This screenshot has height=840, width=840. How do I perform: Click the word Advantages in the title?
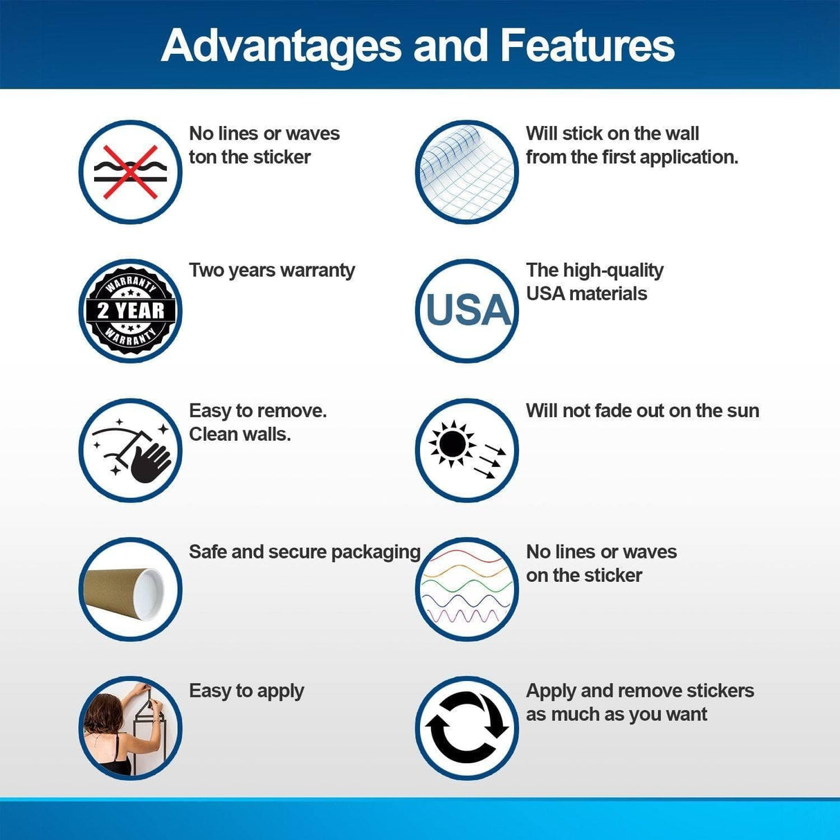coord(281,46)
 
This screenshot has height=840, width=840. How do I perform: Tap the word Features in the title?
coord(587,46)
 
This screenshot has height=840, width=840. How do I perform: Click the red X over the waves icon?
coord(130,172)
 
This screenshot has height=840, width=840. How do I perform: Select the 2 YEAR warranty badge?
coord(130,311)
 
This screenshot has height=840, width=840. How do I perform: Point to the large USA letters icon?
coord(468,310)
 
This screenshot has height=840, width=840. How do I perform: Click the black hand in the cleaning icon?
coord(150,462)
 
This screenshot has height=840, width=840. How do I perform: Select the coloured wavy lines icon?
coord(467,589)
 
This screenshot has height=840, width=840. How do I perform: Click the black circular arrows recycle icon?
coord(467,728)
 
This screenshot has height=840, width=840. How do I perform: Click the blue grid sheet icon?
coord(467,172)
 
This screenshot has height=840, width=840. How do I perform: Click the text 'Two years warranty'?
coord(272,271)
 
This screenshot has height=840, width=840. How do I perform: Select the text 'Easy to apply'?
coord(246,691)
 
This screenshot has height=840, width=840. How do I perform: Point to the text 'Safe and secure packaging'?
coord(304,552)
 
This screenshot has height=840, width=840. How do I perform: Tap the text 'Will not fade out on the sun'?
coord(642,411)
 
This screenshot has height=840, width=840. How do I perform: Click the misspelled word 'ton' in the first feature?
coord(203,158)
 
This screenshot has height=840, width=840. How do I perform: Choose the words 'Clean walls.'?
coord(240,435)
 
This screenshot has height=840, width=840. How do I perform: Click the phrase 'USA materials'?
coord(586,294)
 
